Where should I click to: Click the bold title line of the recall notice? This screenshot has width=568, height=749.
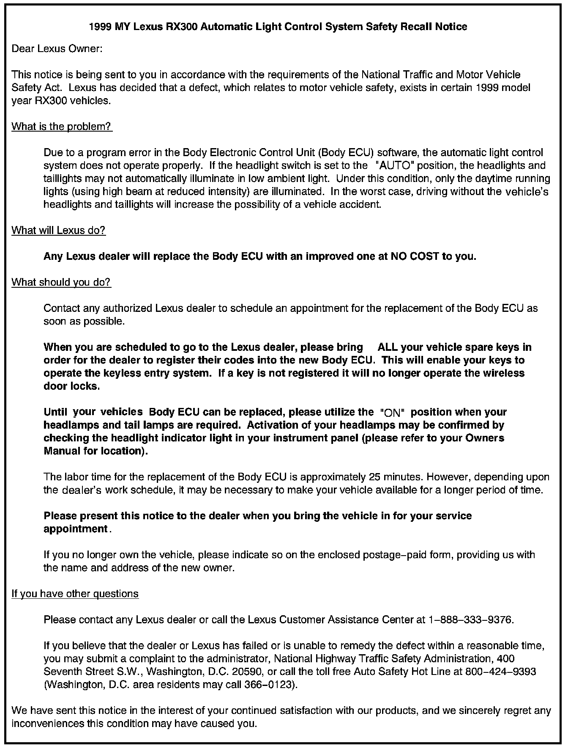coord(278,27)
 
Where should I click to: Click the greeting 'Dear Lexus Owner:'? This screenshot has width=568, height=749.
coord(57,49)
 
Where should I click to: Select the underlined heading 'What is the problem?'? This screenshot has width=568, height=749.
coord(61,126)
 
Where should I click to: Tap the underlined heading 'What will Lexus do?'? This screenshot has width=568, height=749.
coord(58,230)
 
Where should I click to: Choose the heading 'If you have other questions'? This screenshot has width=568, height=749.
coord(75,594)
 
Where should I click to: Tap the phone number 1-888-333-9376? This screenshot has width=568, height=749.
coord(471,620)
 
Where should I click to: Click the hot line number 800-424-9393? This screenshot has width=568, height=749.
coord(500,672)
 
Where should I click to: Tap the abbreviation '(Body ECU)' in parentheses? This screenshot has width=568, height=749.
coord(348,152)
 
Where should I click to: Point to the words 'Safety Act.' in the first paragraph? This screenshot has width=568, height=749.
coord(38,88)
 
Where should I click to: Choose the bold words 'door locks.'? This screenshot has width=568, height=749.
coord(72,386)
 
